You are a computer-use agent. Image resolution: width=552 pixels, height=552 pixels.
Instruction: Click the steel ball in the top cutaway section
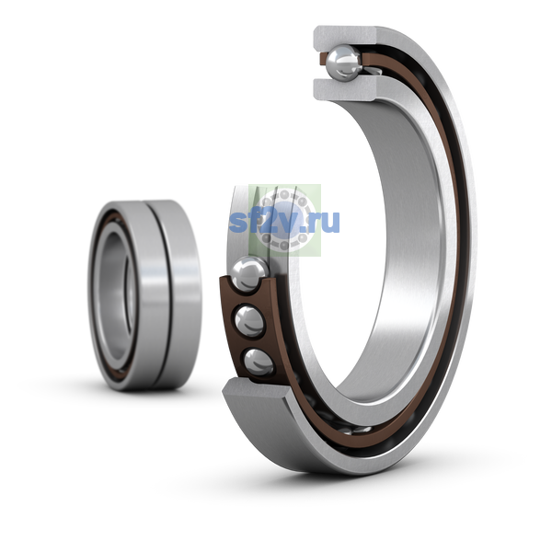click(343, 63)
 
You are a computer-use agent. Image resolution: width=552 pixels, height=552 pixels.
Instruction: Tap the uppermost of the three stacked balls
click(249, 274)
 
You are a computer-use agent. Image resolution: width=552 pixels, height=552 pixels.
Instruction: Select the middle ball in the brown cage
click(249, 321)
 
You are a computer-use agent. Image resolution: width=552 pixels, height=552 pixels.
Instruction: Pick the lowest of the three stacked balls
click(259, 362)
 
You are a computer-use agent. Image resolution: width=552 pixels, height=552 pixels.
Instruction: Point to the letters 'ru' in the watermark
click(326, 222)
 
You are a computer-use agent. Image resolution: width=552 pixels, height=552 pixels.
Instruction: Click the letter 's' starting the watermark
click(238, 223)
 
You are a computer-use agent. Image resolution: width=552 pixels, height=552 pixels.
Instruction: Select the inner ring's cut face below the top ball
click(345, 90)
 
